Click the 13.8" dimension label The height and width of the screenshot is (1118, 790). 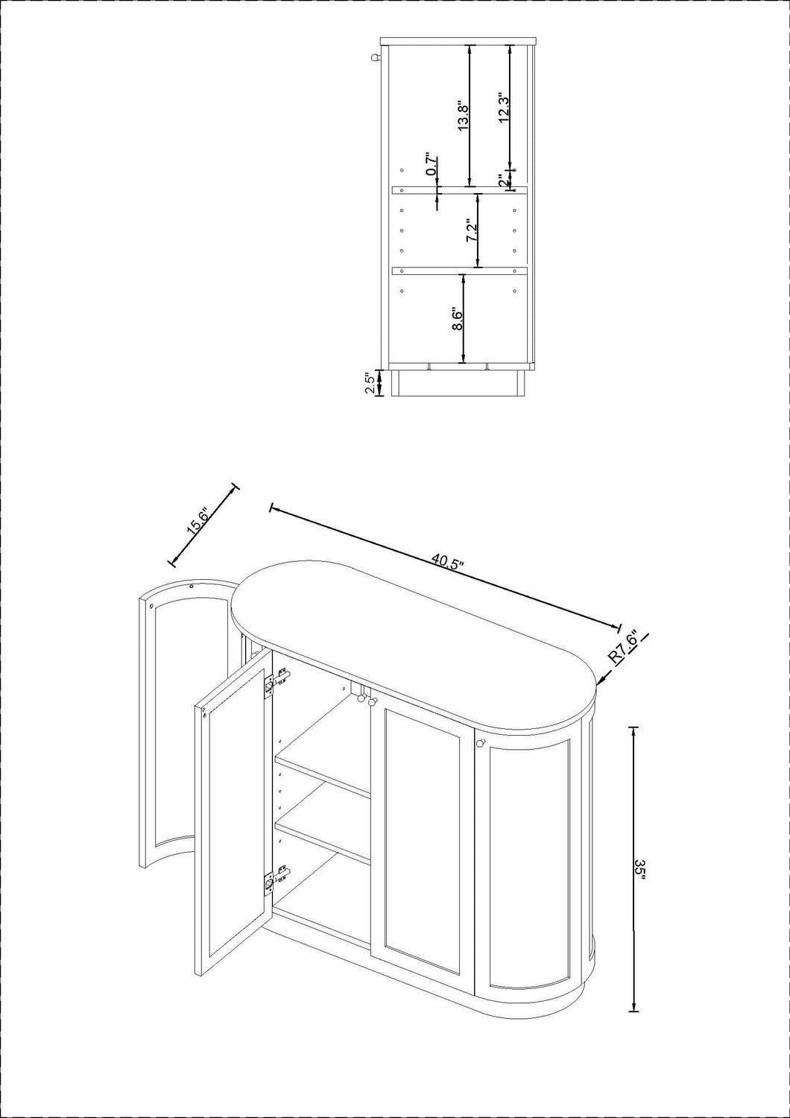tap(463, 117)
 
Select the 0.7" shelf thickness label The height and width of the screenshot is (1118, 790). tap(432, 164)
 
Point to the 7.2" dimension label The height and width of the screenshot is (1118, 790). tap(472, 231)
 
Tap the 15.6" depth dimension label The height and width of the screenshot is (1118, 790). tap(198, 521)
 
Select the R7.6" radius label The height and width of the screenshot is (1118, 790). tap(622, 648)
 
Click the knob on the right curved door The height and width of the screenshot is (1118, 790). tap(481, 743)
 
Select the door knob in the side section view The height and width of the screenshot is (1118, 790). tap(375, 57)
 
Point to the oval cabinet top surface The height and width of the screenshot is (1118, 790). tap(416, 650)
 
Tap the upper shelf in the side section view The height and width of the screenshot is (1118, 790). tap(460, 190)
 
